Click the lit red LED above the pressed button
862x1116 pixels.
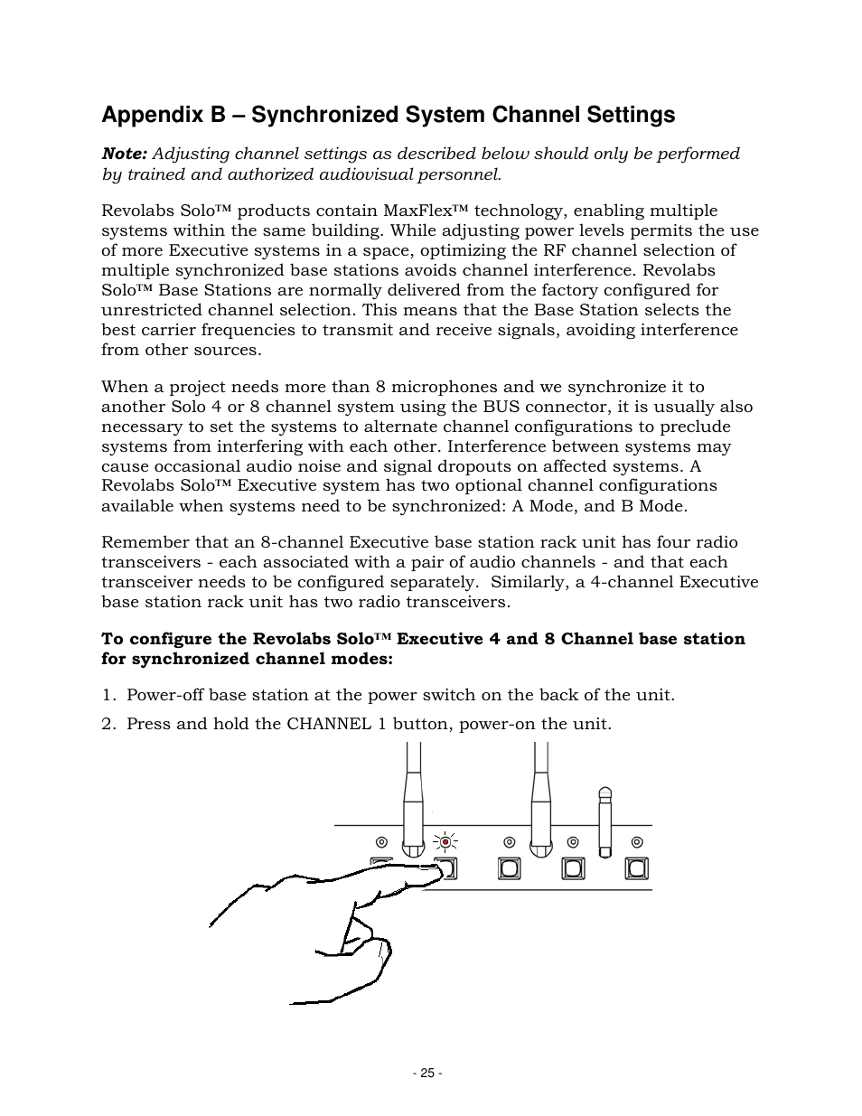(x=445, y=840)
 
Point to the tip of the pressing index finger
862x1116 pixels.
(x=432, y=868)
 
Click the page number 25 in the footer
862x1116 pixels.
(x=426, y=1073)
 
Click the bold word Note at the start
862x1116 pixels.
(x=124, y=154)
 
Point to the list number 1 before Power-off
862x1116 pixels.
(x=107, y=695)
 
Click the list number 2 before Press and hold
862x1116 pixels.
(x=107, y=724)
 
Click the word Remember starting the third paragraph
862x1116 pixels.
(x=144, y=542)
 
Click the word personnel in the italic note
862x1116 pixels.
(x=462, y=173)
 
